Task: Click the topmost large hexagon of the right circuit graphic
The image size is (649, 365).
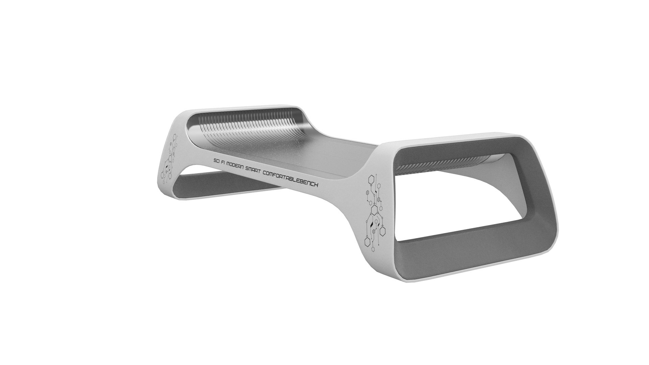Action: pos(371,180)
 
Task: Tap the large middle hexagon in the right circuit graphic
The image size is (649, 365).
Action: pos(374,210)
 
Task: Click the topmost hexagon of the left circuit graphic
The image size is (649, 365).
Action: pos(174,137)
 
